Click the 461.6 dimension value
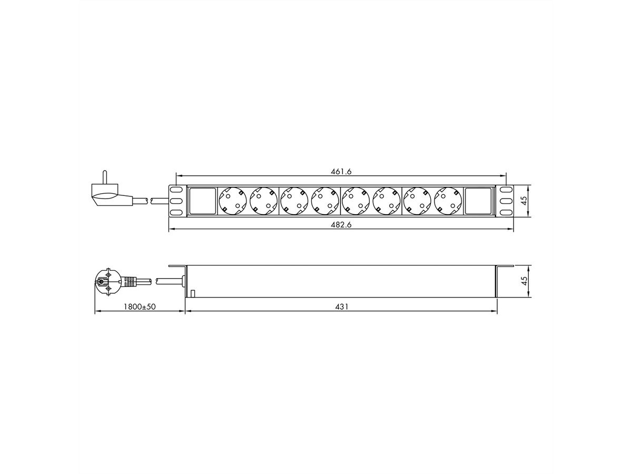pyautogui.click(x=341, y=171)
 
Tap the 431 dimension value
pyautogui.click(x=341, y=307)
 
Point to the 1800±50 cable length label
pyautogui.click(x=140, y=307)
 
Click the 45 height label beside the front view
pyautogui.click(x=524, y=201)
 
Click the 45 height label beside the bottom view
pyautogui.click(x=524, y=281)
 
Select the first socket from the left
pyautogui.click(x=233, y=201)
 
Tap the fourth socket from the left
pyautogui.click(x=325, y=201)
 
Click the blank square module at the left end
pyautogui.click(x=202, y=201)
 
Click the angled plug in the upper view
pyautogui.click(x=111, y=195)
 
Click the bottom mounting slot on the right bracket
pyautogui.click(x=506, y=212)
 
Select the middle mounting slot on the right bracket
pyautogui.click(x=506, y=201)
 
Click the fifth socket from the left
pyautogui.click(x=355, y=201)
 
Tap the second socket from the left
pyautogui.click(x=263, y=201)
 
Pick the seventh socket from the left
pyautogui.click(x=417, y=201)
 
